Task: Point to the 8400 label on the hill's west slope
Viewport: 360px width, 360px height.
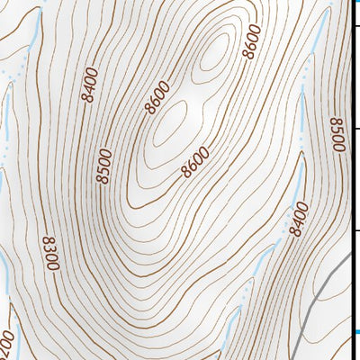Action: point(87,85)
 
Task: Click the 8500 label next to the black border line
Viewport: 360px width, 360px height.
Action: point(337,135)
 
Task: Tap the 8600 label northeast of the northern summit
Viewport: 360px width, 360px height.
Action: point(252,41)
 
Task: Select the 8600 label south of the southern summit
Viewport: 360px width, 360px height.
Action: point(195,161)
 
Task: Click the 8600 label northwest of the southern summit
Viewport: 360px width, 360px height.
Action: point(156,99)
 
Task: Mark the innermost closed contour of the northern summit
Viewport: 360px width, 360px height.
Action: point(214,56)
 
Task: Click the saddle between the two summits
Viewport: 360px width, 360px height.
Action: point(191,90)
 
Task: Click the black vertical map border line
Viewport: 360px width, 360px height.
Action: point(350,180)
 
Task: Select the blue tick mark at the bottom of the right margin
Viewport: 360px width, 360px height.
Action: point(355,334)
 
